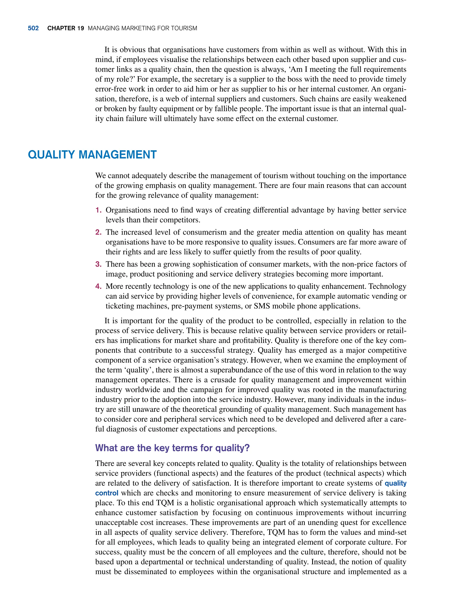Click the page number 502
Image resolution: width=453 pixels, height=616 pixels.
point(33,28)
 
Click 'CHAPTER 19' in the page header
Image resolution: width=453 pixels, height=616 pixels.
point(65,28)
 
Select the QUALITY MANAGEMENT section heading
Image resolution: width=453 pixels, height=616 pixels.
point(92,155)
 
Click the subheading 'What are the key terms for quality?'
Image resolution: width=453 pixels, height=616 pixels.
point(172,448)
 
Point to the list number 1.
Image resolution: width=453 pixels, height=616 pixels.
point(98,210)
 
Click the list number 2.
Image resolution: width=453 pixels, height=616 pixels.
point(98,232)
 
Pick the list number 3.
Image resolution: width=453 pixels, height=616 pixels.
point(98,264)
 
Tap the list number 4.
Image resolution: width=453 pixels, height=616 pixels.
point(98,286)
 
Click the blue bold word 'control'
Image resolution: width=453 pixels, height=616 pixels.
point(107,493)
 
